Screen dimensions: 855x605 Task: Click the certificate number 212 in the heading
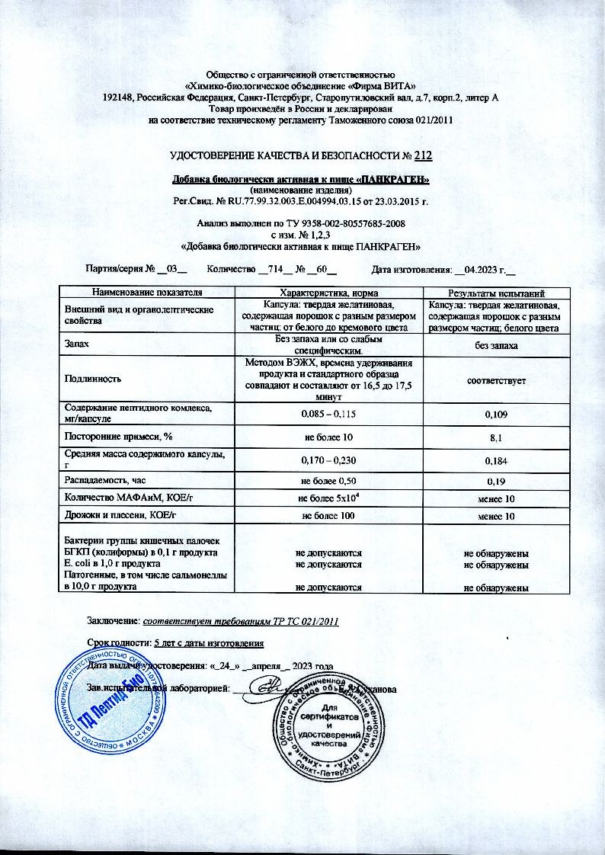coord(424,157)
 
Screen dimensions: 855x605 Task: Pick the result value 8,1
coord(496,437)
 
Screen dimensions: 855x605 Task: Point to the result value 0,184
coord(496,460)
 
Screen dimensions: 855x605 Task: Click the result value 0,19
coord(496,482)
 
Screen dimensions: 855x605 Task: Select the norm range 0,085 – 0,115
coord(329,413)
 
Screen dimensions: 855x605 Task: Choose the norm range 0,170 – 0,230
coord(329,460)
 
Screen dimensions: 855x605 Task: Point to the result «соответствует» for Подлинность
coord(496,379)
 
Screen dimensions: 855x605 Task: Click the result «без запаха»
coord(496,346)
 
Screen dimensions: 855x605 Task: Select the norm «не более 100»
coord(329,517)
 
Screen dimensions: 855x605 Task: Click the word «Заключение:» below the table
coord(114,622)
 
